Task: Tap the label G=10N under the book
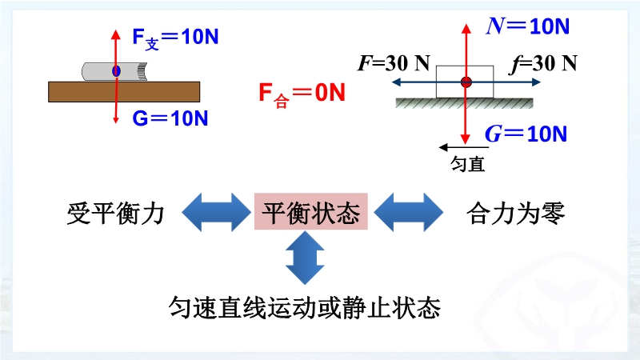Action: coord(170,118)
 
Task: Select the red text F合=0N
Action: coord(301,94)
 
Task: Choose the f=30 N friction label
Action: coord(543,64)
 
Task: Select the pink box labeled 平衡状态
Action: coord(310,213)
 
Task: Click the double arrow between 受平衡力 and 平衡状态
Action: coord(216,213)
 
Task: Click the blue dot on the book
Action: coord(116,72)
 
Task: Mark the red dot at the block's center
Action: coord(466,81)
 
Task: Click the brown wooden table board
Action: coord(123,91)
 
